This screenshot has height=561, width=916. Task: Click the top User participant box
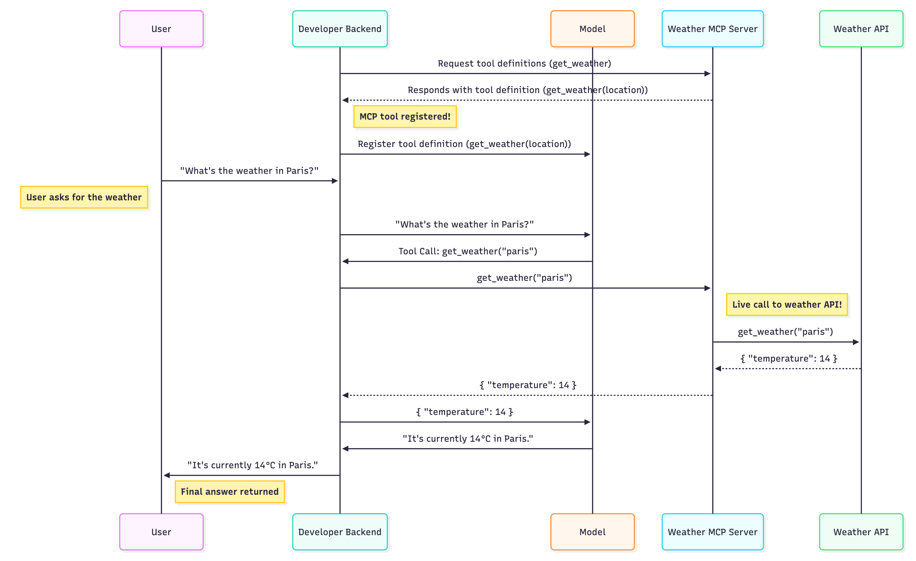[x=161, y=29]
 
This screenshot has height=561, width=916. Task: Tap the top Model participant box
[x=592, y=29]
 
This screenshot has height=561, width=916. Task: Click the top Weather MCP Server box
[x=712, y=29]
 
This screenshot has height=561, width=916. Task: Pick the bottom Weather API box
[x=861, y=532]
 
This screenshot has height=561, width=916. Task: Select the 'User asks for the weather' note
[x=84, y=197]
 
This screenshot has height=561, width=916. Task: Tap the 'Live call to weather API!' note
[x=786, y=305]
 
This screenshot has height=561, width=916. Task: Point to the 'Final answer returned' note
[x=229, y=492]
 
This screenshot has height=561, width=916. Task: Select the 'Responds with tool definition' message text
[x=527, y=90]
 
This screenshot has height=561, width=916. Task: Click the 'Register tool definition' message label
[x=464, y=144]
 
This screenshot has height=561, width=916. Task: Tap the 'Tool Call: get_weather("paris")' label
[x=467, y=251]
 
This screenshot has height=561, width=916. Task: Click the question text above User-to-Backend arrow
[x=249, y=171]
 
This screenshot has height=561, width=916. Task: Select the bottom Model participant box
[x=592, y=532]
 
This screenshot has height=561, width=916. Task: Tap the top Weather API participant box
[x=861, y=29]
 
